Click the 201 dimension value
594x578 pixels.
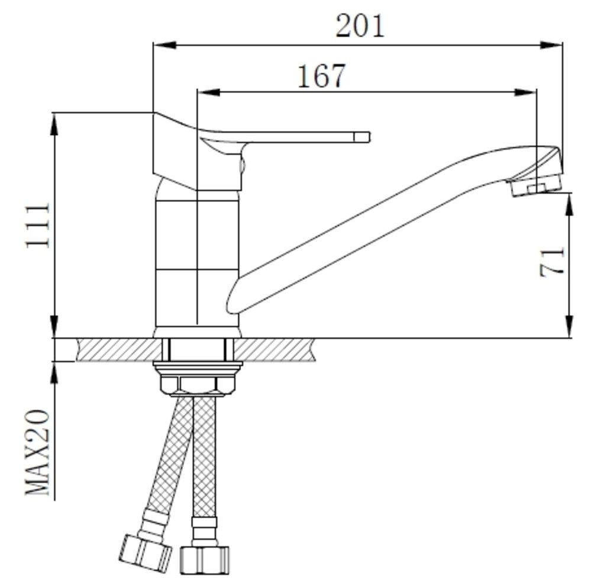point(360,25)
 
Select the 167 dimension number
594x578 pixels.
point(322,76)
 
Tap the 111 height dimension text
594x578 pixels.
point(37,226)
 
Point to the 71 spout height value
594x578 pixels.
point(551,262)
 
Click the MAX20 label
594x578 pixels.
point(37,452)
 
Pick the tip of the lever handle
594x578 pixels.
point(369,137)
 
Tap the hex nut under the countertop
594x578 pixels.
point(198,383)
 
